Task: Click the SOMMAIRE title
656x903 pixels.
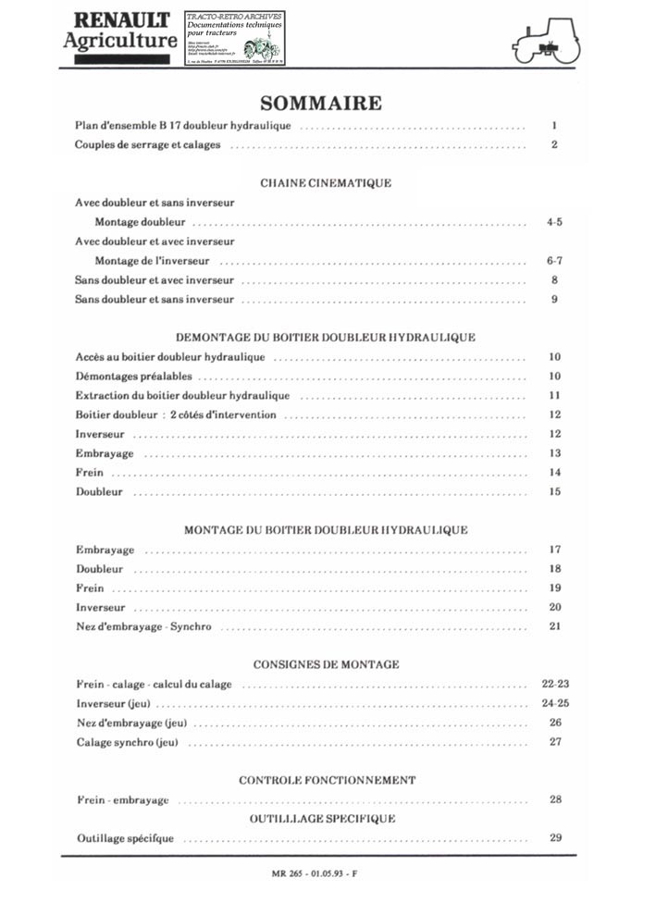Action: pos(320,102)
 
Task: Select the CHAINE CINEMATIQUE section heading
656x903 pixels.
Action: pos(326,183)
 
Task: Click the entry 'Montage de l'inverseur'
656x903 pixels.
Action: pos(152,261)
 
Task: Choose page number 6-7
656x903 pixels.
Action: pos(554,261)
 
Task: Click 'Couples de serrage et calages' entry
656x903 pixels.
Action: pos(147,145)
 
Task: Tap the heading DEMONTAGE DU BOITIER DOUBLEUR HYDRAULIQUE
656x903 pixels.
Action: pos(326,338)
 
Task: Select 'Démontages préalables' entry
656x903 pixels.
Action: pos(134,377)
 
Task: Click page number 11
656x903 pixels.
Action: pos(554,395)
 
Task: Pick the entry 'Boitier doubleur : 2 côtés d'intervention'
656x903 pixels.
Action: pos(176,414)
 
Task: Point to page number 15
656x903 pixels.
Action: pos(554,491)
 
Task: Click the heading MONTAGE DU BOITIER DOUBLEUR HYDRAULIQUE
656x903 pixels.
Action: pos(326,530)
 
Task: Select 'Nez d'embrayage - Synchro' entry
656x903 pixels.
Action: pos(143,626)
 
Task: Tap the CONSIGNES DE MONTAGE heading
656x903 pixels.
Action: pos(326,664)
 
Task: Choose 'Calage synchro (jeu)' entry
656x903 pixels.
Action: pos(127,742)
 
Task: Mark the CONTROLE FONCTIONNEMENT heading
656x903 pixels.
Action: pos(327,780)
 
